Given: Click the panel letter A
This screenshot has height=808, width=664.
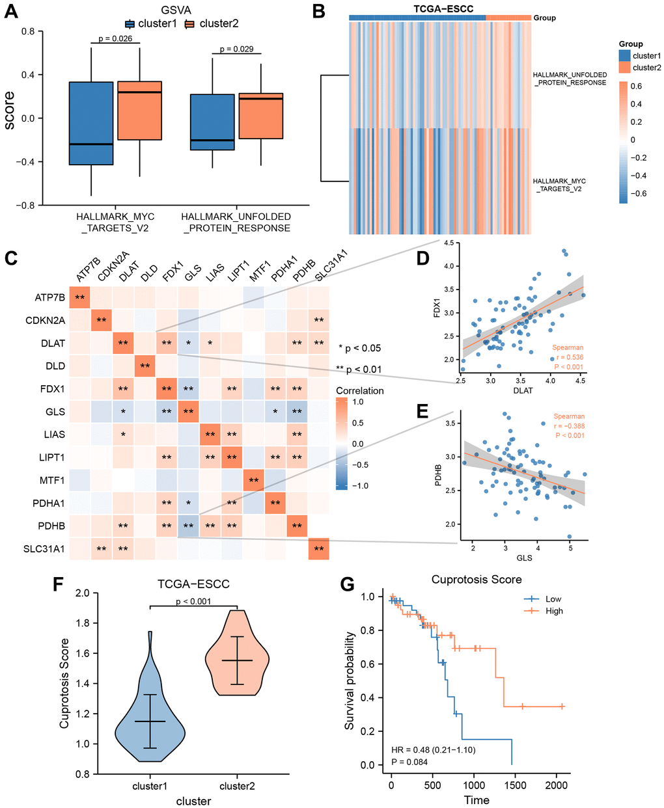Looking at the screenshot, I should click(x=11, y=12).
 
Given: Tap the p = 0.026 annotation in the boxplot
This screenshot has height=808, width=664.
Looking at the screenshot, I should click(x=115, y=38).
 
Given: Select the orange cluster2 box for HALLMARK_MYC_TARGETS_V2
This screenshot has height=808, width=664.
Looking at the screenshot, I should click(x=139, y=111).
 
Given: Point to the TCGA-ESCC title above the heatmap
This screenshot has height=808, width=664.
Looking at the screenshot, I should click(x=443, y=9).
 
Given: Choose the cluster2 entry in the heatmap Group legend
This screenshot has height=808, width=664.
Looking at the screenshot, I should click(x=646, y=68).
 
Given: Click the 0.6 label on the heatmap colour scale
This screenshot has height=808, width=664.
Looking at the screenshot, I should click(x=635, y=86).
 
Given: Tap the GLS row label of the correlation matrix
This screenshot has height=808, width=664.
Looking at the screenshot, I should click(x=56, y=411).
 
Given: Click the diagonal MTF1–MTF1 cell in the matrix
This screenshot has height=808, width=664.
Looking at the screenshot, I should click(x=254, y=481).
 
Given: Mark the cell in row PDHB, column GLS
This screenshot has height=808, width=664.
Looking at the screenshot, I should click(x=189, y=526).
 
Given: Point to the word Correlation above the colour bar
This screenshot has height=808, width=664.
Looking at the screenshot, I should click(x=359, y=391).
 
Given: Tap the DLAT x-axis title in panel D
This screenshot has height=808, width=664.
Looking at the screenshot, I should click(x=523, y=390).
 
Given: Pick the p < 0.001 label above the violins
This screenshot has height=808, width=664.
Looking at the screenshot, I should click(x=193, y=601).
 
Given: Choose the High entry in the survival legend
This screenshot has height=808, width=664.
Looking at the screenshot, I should click(x=554, y=611).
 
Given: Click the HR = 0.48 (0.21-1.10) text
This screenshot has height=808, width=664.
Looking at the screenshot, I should click(x=433, y=750).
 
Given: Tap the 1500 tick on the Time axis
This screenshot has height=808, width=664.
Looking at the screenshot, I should click(x=515, y=785).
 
